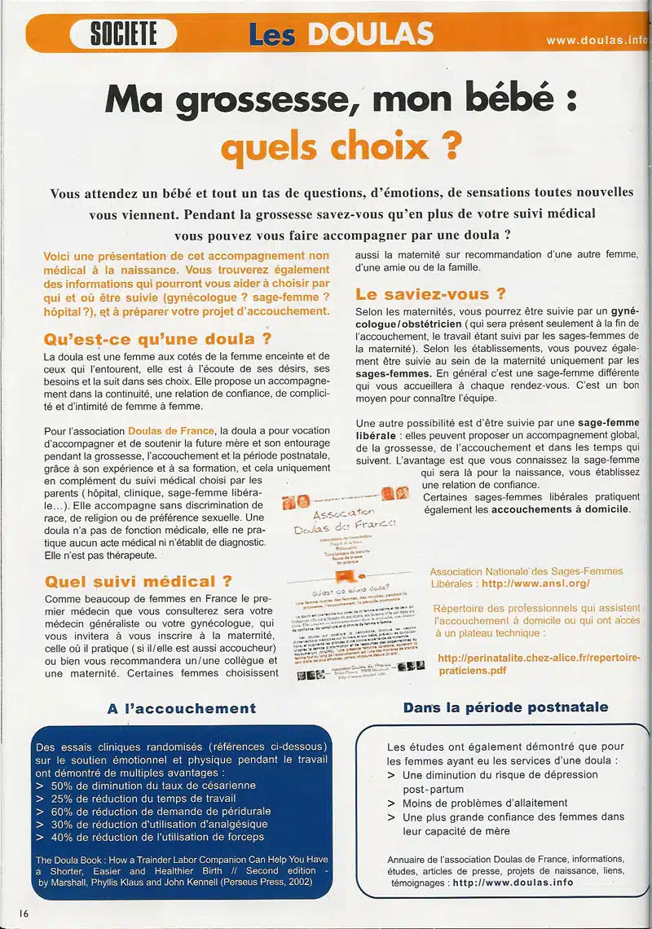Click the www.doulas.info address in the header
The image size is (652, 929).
(x=596, y=39)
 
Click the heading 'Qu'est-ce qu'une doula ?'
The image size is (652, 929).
(x=158, y=338)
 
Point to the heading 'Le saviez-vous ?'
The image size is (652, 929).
(x=430, y=293)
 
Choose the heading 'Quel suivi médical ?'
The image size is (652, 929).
(x=139, y=581)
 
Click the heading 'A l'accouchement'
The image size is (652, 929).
(x=182, y=708)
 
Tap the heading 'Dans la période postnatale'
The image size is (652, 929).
(x=505, y=707)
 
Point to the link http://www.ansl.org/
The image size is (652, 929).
(x=535, y=583)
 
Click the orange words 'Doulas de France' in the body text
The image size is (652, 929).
(x=171, y=430)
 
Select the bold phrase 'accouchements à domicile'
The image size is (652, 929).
(x=561, y=509)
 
